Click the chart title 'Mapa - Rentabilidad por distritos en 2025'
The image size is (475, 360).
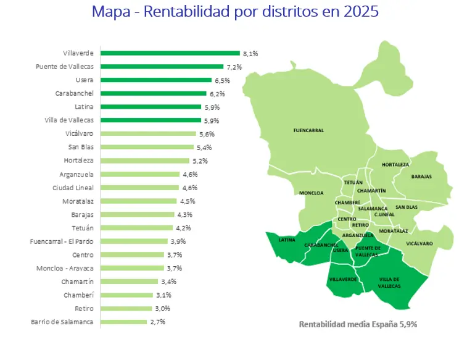point(235,12)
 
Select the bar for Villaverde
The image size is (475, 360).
point(170,54)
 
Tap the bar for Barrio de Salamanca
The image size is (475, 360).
point(123,322)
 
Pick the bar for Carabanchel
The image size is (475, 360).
point(153,94)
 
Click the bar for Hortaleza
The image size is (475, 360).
point(146,161)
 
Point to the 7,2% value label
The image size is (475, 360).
point(234,67)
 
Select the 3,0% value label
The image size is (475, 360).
point(162,309)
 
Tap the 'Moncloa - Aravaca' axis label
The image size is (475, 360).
point(65,269)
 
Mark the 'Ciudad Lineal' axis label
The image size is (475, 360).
point(73,188)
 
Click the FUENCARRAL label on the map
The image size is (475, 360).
point(308,130)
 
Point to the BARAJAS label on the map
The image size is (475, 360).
point(421,177)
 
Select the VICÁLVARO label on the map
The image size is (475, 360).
point(419,243)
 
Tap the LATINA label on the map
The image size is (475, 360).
point(287,240)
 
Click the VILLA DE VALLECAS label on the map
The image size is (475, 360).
point(389,283)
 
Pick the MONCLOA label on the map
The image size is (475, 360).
point(312,193)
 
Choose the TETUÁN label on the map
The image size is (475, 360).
point(353,183)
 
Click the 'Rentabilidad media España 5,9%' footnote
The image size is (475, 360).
point(358,324)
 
